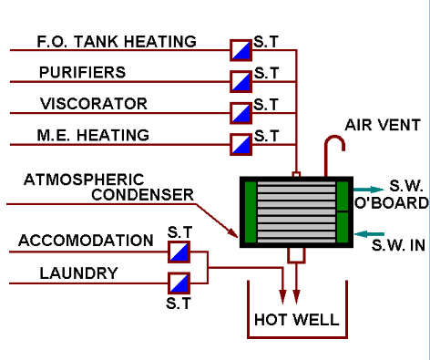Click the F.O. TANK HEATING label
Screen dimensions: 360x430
point(116,42)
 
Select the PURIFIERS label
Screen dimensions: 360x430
point(82,72)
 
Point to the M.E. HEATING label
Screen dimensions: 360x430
point(93,135)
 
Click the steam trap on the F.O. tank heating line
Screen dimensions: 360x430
point(241,50)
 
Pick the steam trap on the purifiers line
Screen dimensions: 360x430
point(241,81)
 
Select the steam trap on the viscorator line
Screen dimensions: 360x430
point(241,113)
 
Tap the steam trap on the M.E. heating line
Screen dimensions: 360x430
point(241,144)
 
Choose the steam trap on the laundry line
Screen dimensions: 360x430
point(179,282)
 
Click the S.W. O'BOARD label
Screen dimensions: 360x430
point(402,193)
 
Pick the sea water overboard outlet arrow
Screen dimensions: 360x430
point(366,189)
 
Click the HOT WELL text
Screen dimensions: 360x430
point(296,320)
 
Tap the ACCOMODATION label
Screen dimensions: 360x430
point(86,241)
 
